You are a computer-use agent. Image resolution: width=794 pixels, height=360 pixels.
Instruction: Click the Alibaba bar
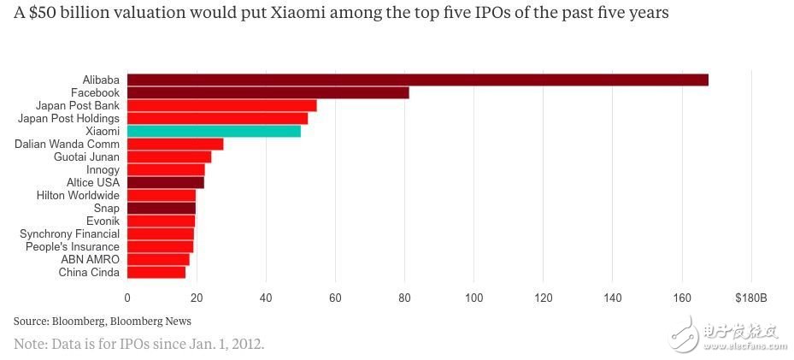coord(417,80)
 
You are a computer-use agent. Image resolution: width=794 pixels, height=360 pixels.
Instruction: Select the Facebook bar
coord(268,92)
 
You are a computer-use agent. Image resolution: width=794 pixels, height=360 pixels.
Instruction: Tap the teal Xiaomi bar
coord(214,131)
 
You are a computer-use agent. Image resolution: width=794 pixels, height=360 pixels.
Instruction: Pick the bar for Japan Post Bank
coord(221,105)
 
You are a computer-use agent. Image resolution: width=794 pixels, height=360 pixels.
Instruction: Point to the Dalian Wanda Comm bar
coord(175,144)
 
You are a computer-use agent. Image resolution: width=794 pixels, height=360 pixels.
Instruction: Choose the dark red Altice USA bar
coord(166,182)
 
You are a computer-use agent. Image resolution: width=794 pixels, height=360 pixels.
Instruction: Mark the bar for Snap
coord(162,208)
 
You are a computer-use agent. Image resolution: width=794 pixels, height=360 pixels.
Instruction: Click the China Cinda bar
coord(156,272)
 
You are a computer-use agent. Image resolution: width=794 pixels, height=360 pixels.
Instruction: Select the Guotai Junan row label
coord(86,156)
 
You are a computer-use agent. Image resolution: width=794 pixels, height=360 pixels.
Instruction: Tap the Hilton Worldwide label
coord(78,195)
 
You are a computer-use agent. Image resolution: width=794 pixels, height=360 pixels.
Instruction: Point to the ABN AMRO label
coord(90,259)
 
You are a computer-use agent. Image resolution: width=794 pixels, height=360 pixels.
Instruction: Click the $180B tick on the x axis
coord(750,298)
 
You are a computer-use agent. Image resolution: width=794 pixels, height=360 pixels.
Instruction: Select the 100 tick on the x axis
coord(474,298)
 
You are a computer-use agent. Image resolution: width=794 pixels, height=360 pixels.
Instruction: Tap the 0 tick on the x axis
coord(127,298)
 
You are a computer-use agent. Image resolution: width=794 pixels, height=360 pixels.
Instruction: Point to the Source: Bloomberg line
coord(103,321)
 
